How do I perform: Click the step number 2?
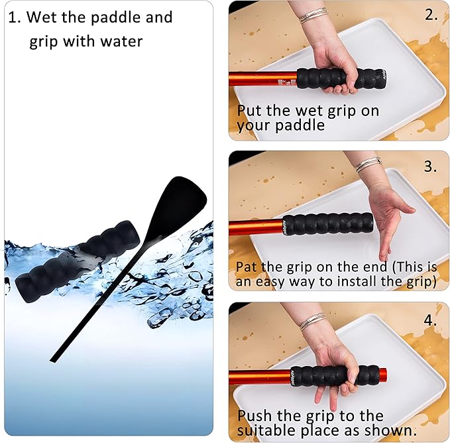431,15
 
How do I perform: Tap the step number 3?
431,166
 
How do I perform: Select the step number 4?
431,320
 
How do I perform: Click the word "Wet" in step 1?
42,17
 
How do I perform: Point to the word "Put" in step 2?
249,110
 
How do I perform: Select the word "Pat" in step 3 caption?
246,267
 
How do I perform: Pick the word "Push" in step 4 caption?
254,416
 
